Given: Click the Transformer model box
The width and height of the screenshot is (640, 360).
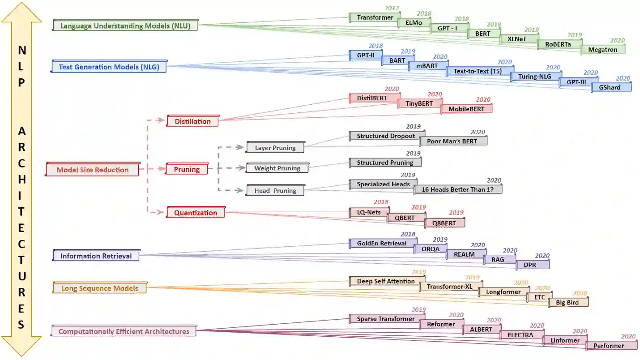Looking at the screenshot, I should (x=375, y=18).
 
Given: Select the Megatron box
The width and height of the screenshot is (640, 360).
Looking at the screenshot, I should (x=602, y=50).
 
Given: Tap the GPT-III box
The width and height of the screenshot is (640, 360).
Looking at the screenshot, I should (x=579, y=82).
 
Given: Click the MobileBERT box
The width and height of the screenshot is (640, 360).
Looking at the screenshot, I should (x=466, y=109).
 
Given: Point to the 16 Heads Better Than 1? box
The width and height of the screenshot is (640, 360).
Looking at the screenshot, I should (x=457, y=189).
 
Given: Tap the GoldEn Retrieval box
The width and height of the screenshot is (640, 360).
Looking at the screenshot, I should (x=382, y=244).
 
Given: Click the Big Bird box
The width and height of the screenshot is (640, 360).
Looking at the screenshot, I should (x=567, y=303).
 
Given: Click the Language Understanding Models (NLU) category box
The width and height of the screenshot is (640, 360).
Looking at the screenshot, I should (x=125, y=26).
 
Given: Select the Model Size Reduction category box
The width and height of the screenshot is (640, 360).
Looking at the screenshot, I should (x=93, y=170).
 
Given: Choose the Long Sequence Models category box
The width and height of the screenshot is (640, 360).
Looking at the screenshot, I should (x=99, y=288).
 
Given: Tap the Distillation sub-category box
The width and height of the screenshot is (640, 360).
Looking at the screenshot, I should (x=192, y=121).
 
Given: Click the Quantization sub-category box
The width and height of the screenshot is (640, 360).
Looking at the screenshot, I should (x=196, y=213).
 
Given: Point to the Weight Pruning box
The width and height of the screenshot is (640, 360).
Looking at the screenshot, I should (x=277, y=169).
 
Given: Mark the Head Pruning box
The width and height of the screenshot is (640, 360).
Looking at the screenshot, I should (x=275, y=191).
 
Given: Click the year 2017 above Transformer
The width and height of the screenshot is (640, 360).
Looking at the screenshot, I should (x=392, y=9).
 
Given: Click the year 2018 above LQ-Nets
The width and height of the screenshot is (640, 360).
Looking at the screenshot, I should (x=381, y=202).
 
